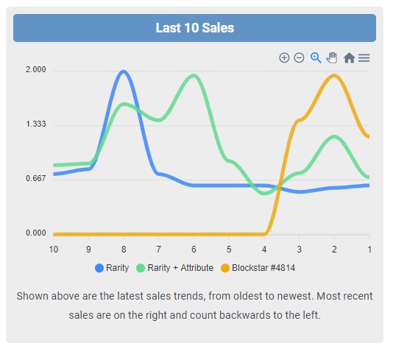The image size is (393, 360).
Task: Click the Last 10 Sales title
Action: pos(194,28)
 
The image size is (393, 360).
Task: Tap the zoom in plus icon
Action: pos(284,57)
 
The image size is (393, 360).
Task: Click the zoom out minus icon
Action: pos(299,57)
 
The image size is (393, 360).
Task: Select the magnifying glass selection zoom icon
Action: pos(316,57)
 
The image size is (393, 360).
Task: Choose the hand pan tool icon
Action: pos(332,57)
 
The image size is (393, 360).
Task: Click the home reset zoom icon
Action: pos(349,57)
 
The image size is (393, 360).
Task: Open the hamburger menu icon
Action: pos(364,57)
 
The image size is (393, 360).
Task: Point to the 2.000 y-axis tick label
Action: pos(36,70)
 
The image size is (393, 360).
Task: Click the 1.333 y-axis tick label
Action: pos(36,124)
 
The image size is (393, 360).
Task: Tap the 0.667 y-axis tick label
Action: pos(36,179)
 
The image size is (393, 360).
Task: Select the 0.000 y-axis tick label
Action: pos(36,233)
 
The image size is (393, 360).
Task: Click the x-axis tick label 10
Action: pos(53,250)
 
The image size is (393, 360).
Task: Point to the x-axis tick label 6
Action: pos(194,250)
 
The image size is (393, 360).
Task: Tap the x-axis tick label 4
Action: pos(264,250)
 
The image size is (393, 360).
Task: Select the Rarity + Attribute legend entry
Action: pos(174,268)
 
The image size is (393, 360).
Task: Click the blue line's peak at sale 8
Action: pos(123,71)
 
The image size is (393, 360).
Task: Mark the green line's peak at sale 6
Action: pos(194,75)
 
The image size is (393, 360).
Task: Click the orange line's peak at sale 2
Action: pos(334,75)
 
